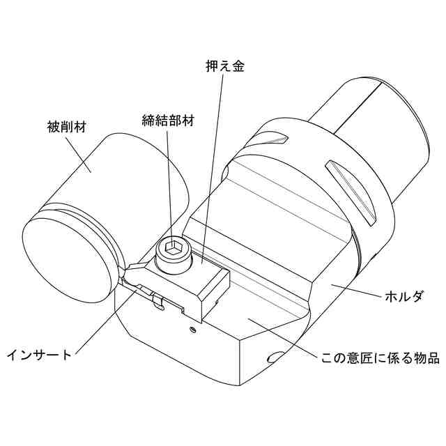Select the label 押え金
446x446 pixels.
coord(224,66)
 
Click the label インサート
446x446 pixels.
coord(38,355)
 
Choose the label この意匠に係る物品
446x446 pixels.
coord(380,359)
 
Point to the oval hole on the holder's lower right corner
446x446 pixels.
coord(273,357)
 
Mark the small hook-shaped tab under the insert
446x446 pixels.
coord(158,302)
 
